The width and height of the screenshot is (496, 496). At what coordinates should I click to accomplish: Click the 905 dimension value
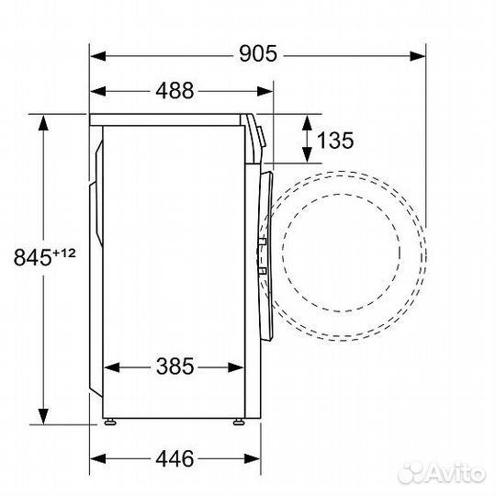(258, 54)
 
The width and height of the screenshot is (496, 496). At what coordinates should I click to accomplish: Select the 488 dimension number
(174, 91)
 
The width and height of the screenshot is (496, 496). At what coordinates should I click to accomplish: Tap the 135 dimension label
(335, 141)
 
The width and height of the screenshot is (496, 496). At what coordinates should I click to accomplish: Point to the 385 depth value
(174, 367)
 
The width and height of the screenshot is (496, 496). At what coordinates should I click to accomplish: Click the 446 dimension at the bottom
(174, 458)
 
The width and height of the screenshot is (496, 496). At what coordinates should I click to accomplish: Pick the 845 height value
(30, 257)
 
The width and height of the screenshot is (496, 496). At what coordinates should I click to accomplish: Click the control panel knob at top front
(261, 134)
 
